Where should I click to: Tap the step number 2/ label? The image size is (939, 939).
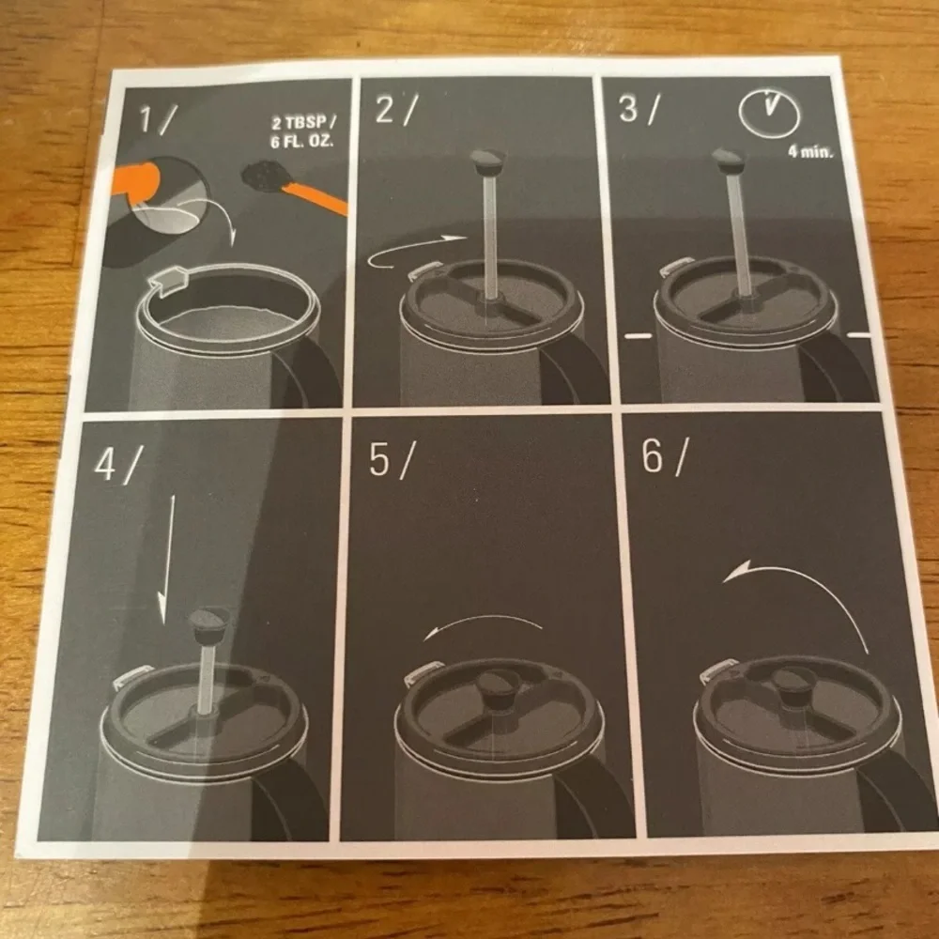point(396,109)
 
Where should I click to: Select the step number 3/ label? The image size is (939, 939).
point(639,108)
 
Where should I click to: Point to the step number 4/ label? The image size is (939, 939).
point(118,464)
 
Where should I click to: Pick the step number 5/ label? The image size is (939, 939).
point(391,460)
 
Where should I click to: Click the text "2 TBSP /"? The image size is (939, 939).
point(303,123)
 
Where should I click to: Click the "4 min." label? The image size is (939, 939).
point(810,151)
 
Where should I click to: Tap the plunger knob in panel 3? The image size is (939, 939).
point(729,160)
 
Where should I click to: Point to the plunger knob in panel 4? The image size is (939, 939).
point(208,625)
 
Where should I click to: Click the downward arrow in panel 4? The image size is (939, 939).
point(167,559)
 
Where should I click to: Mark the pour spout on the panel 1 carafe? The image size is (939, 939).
point(169,280)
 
